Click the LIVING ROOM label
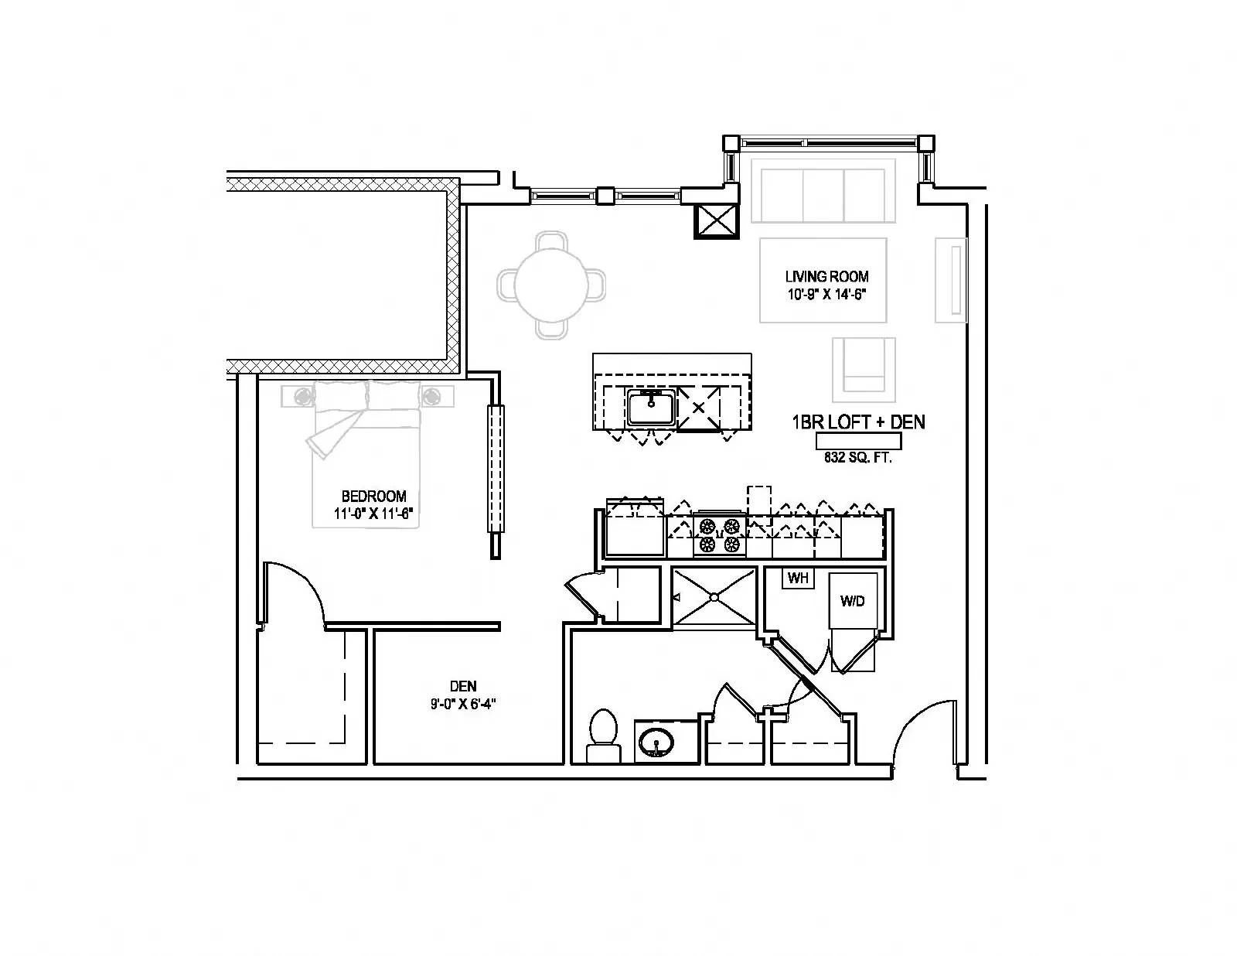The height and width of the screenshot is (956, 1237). pyautogui.click(x=826, y=276)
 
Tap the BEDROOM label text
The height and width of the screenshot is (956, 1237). pyautogui.click(x=373, y=496)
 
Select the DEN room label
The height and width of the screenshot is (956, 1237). pyautogui.click(x=463, y=686)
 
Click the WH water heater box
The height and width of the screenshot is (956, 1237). pyautogui.click(x=798, y=578)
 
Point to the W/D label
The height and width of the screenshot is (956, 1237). pyautogui.click(x=853, y=601)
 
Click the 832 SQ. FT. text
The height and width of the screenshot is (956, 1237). pyautogui.click(x=858, y=458)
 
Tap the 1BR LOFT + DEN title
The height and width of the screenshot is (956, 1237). pyautogui.click(x=858, y=422)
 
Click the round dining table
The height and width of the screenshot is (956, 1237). pyautogui.click(x=551, y=284)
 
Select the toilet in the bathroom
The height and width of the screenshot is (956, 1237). pyautogui.click(x=603, y=736)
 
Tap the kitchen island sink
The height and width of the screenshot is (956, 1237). pyautogui.click(x=652, y=407)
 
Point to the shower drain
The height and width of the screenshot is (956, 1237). pyautogui.click(x=714, y=597)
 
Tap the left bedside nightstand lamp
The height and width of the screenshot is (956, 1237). pyautogui.click(x=303, y=396)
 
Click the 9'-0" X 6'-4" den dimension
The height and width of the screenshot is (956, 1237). pyautogui.click(x=463, y=705)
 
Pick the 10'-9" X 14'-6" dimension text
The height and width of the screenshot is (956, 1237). pyautogui.click(x=826, y=294)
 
